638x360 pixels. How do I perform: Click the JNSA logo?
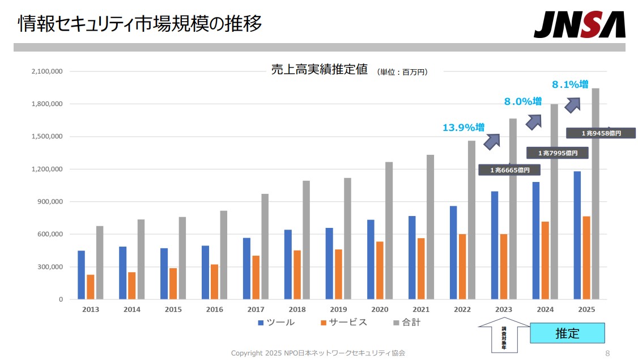click(579, 24)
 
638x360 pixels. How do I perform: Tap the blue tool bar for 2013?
click(81, 275)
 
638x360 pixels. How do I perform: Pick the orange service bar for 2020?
click(380, 270)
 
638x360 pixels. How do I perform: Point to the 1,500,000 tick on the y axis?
click(48, 137)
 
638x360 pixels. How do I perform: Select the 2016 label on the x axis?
click(214, 310)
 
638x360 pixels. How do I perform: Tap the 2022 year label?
click(462, 310)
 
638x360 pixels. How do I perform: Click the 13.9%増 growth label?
click(463, 128)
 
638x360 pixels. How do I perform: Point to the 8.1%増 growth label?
click(570, 84)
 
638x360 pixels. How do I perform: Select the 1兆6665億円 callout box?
click(509, 170)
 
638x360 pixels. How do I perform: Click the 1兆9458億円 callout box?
click(601, 133)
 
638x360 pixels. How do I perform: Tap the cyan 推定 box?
click(567, 333)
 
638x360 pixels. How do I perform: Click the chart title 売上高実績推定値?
click(320, 70)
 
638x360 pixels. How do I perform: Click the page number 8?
click(607, 353)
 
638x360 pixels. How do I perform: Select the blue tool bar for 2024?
click(535, 240)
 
